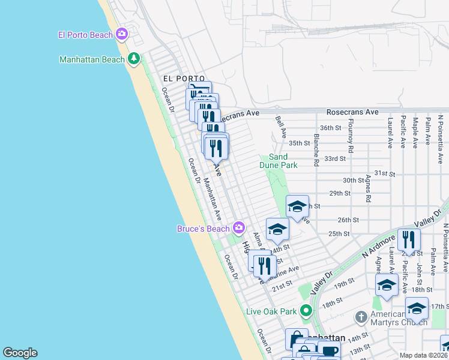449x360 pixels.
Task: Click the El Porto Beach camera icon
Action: click(x=122, y=34)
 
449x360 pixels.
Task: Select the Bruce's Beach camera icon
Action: click(x=239, y=227)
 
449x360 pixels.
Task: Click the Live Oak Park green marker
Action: click(x=306, y=311)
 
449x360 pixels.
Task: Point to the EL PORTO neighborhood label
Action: click(x=184, y=79)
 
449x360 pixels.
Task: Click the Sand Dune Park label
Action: click(x=279, y=160)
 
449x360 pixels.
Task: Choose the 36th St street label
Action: click(x=330, y=128)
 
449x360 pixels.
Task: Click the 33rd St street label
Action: click(x=335, y=158)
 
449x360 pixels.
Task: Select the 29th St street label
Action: click(x=339, y=193)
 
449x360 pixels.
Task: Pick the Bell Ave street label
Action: click(x=279, y=126)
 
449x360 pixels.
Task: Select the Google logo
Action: click(x=20, y=353)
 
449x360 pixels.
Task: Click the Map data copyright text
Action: click(x=423, y=355)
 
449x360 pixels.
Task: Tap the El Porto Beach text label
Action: click(x=85, y=35)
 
